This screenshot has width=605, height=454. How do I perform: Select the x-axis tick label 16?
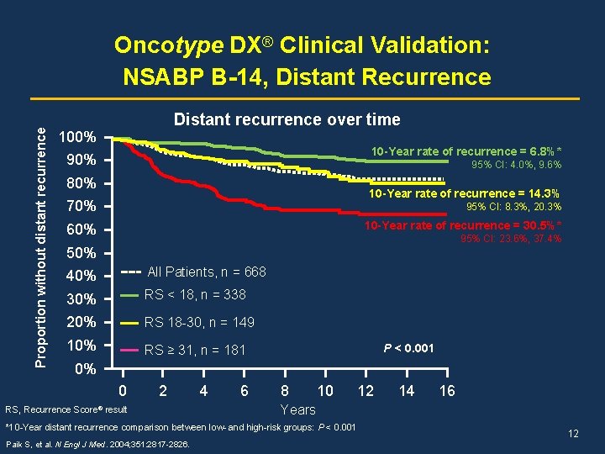click(x=447, y=391)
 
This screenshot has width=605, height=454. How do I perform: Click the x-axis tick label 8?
click(x=285, y=391)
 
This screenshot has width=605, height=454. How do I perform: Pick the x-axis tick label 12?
click(x=366, y=391)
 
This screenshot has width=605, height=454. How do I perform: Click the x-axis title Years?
click(x=297, y=410)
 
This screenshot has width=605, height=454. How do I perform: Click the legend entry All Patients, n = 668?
click(x=206, y=272)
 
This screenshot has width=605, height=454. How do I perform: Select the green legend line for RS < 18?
click(x=130, y=295)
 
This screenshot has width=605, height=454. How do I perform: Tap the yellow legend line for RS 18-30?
click(x=130, y=323)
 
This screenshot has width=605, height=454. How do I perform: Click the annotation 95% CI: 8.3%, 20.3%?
click(x=513, y=207)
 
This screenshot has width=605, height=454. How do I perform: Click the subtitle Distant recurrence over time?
click(x=287, y=119)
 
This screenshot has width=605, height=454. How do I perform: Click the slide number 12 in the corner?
click(x=574, y=434)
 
